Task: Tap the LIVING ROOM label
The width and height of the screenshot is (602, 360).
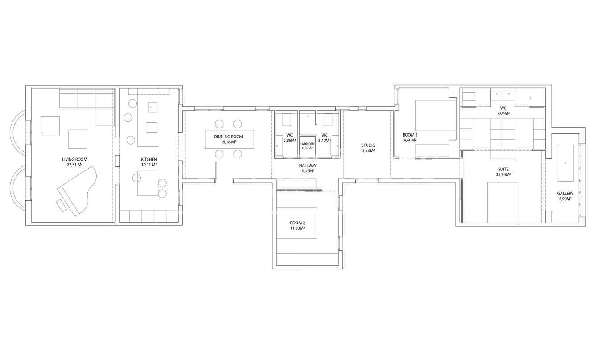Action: pyautogui.click(x=74, y=159)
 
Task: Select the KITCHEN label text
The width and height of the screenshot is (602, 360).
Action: pyautogui.click(x=148, y=159)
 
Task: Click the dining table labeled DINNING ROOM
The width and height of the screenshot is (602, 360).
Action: pyautogui.click(x=229, y=139)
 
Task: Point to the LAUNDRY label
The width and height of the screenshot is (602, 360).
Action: pyautogui.click(x=307, y=144)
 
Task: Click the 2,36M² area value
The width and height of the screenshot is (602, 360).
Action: pyautogui.click(x=289, y=140)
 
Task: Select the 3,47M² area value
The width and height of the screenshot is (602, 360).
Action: pyautogui.click(x=324, y=140)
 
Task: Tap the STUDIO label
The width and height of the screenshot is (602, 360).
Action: pyautogui.click(x=368, y=145)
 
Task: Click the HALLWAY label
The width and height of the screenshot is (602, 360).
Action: pyautogui.click(x=308, y=166)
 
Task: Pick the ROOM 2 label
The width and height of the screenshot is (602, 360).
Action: pyautogui.click(x=297, y=223)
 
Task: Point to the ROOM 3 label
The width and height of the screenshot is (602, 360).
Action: pyautogui.click(x=410, y=135)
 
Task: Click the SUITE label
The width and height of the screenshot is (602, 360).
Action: pyautogui.click(x=503, y=170)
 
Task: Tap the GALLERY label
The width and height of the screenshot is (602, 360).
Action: pyautogui.click(x=565, y=194)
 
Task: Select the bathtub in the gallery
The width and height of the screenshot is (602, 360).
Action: pyautogui.click(x=565, y=163)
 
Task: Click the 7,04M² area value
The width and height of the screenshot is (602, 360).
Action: pyautogui.click(x=503, y=113)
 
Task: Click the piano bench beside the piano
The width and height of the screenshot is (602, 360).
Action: pyautogui.click(x=61, y=205)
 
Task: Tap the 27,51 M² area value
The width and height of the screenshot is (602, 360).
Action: pyautogui.click(x=74, y=165)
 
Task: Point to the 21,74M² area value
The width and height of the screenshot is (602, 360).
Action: pyautogui.click(x=503, y=174)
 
